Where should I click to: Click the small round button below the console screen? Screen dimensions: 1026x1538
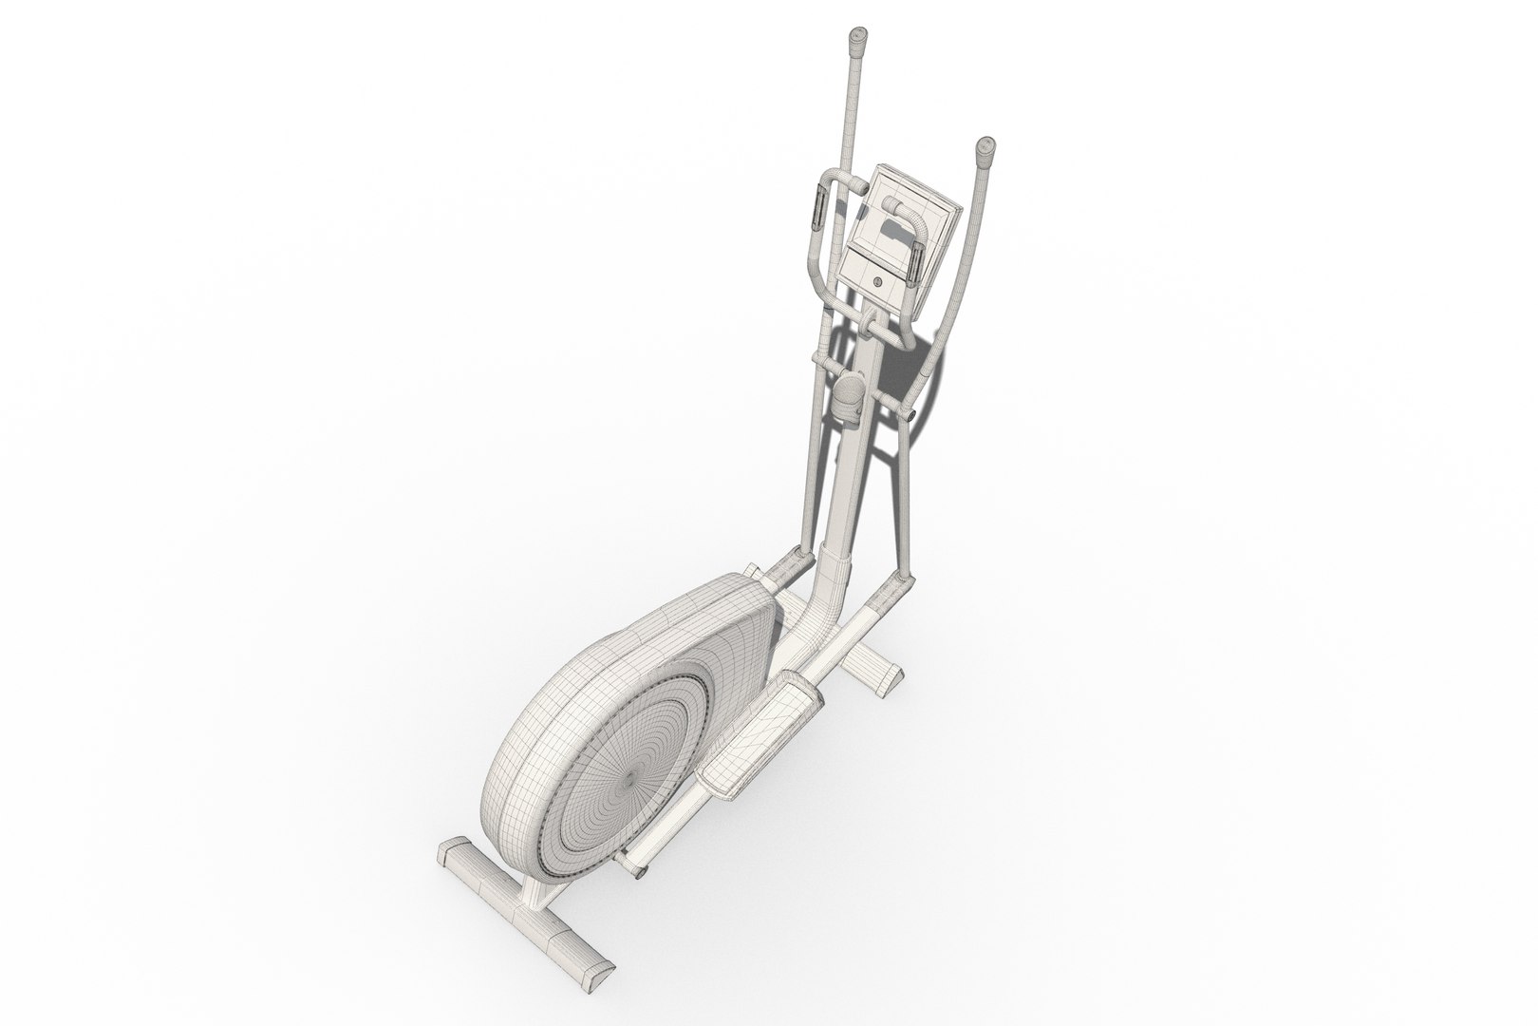pyautogui.click(x=875, y=280)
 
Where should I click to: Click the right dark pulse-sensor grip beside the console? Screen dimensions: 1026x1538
pyautogui.click(x=914, y=263)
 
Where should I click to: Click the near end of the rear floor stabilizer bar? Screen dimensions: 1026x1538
pyautogui.click(x=590, y=988)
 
